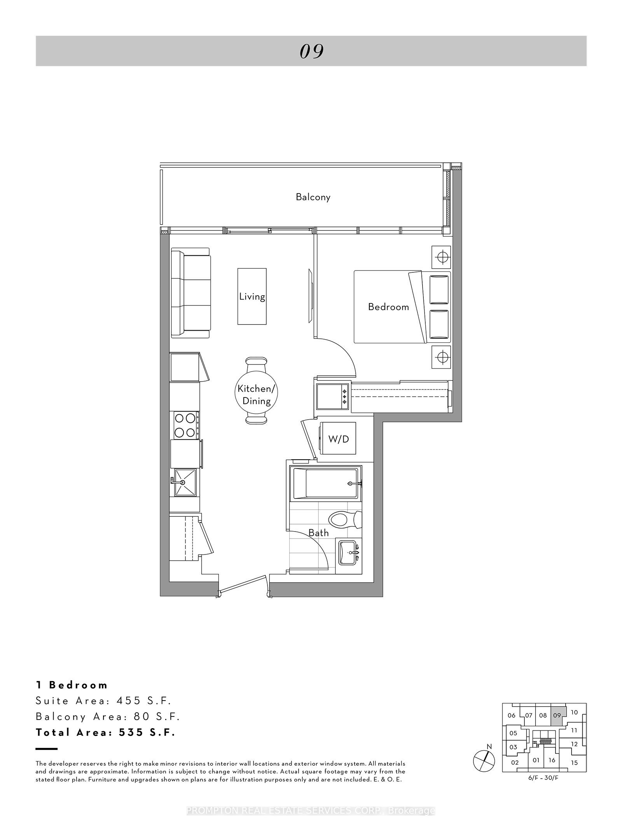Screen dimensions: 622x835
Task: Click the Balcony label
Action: click(313, 197)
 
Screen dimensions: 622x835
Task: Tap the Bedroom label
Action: click(388, 307)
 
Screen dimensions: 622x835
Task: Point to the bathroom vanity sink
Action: click(349, 553)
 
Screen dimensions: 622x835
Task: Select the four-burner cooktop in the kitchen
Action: click(185, 425)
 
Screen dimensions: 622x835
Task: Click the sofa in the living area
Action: click(190, 294)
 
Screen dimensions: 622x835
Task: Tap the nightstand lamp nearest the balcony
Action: click(441, 257)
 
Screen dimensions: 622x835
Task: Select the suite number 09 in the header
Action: click(312, 51)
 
